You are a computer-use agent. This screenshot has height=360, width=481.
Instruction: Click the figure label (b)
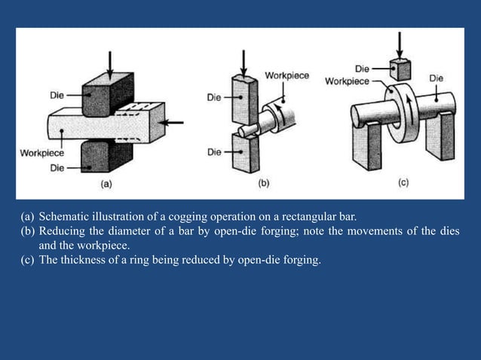tap(264, 182)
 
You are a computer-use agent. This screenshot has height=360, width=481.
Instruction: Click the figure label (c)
tap(403, 182)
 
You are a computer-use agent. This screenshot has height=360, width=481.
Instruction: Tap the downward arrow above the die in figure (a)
tap(110, 65)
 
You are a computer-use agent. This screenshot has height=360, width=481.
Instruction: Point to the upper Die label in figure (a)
tap(57, 95)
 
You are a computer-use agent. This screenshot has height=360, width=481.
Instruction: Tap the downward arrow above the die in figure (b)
tap(244, 62)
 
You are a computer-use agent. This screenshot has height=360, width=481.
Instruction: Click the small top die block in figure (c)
tap(400, 70)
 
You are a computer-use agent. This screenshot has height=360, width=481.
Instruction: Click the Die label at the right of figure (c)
tap(436, 78)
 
